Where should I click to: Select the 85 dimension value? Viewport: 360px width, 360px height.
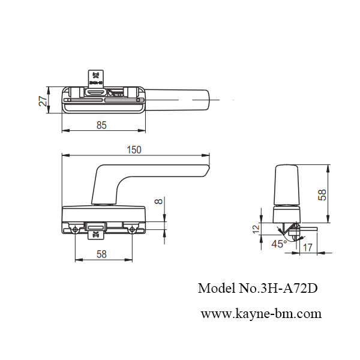pyautogui.click(x=101, y=125)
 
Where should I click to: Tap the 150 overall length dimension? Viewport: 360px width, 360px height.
pyautogui.click(x=135, y=150)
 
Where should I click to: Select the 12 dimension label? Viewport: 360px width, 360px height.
pyautogui.click(x=255, y=229)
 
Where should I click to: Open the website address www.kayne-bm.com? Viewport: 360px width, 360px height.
pyautogui.click(x=260, y=313)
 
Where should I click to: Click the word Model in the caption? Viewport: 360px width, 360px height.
pyautogui.click(x=214, y=288)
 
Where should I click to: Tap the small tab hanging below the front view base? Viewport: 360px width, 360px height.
pyautogui.click(x=95, y=235)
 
